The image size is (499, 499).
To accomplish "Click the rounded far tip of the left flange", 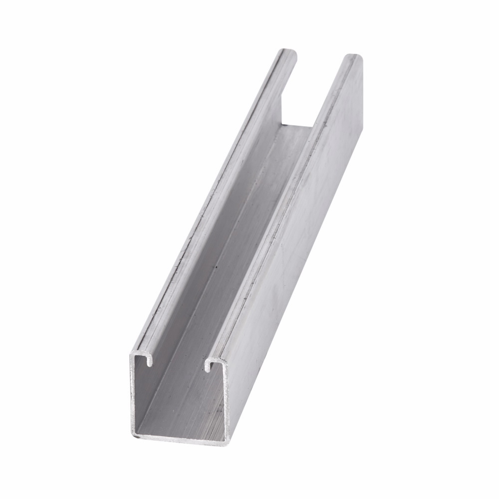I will tap(289, 51).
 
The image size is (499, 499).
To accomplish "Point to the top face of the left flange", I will tap(220, 200).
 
